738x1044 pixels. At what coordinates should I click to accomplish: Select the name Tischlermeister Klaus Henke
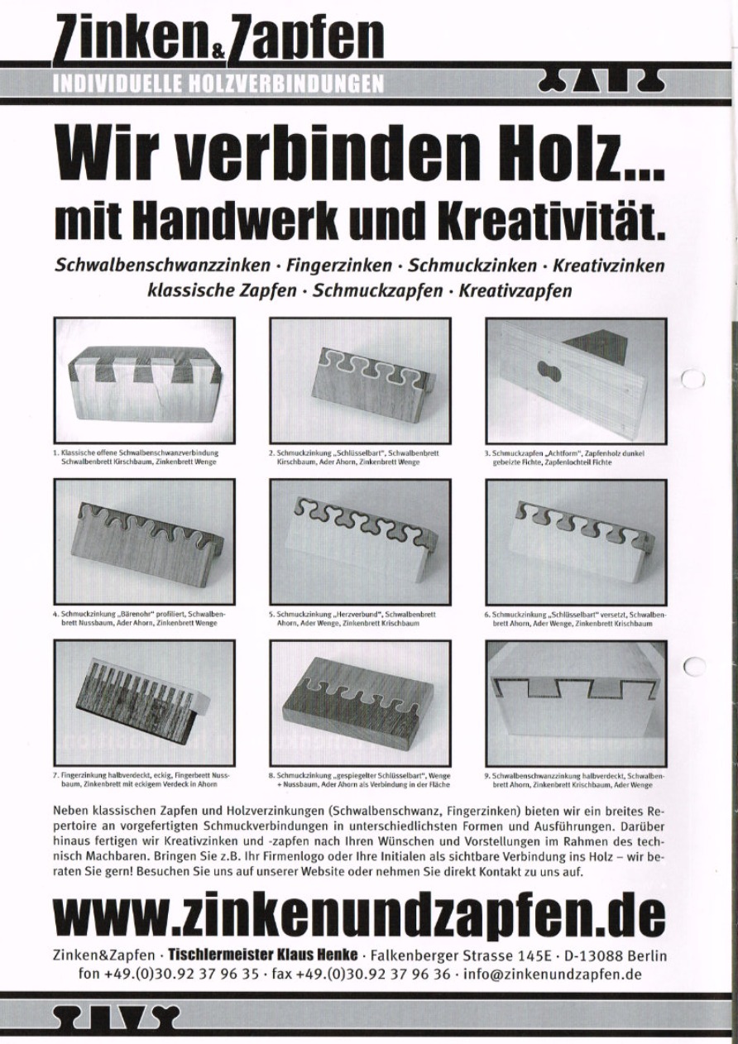(264, 954)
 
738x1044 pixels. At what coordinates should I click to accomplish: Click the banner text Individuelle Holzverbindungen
(218, 83)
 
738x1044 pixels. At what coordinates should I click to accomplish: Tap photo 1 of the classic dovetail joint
(144, 380)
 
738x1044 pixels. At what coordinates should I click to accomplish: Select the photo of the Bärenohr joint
(144, 542)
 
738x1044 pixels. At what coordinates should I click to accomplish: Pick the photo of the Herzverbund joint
(361, 542)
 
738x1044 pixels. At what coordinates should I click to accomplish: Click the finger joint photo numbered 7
(144, 702)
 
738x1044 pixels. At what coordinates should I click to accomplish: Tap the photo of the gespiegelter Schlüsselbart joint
(361, 702)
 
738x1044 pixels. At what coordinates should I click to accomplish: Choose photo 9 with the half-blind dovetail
(576, 702)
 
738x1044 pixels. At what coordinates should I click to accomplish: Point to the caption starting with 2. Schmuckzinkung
(354, 457)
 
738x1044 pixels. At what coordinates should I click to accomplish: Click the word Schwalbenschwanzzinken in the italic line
(162, 267)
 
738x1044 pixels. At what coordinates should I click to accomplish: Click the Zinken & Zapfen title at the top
(218, 37)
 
